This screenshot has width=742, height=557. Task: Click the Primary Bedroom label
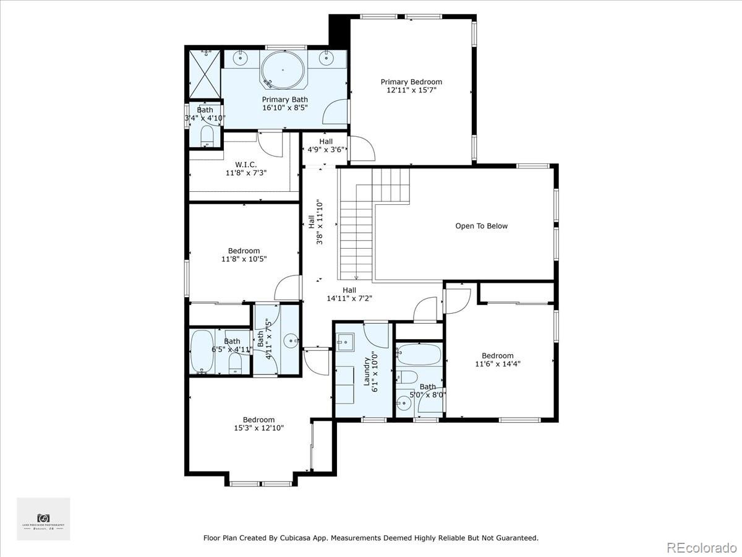coord(411,82)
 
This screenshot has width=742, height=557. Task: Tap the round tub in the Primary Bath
coord(282,70)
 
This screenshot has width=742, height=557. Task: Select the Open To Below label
coord(481,226)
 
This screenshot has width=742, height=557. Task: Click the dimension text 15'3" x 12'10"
coord(258,428)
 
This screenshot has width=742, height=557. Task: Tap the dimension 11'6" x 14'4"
coord(497,364)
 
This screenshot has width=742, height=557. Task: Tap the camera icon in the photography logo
coord(43,517)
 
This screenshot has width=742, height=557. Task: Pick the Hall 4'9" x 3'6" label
coord(326,145)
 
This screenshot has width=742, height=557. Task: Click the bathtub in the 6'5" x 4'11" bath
coord(202,353)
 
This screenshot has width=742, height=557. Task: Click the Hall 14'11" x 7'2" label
coord(349,293)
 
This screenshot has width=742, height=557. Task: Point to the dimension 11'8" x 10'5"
coord(244,259)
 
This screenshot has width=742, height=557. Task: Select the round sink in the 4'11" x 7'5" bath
coord(290,340)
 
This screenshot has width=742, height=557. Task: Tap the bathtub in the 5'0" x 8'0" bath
coord(419,355)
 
